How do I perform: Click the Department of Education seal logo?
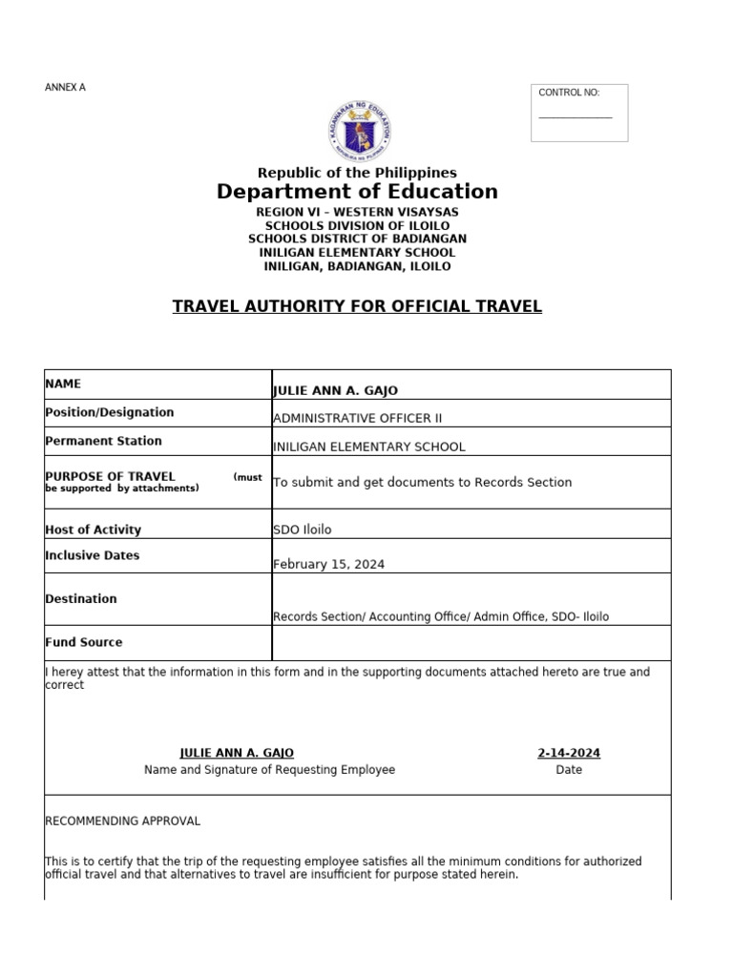pos(360,132)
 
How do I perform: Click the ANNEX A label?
pos(65,88)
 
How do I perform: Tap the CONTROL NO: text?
pos(569,93)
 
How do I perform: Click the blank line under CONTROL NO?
pos(575,118)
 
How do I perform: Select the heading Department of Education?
pos(357,192)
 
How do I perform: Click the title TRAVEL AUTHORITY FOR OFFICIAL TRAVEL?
pos(357,306)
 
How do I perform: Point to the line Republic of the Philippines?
pos(357,173)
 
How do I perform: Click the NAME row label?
pos(63,384)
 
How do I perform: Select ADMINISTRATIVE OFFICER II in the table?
pos(357,418)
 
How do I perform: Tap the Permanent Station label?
pos(103,441)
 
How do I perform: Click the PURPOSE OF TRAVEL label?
pos(110,477)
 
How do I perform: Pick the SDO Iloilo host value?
pos(303,530)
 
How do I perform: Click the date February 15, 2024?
pos(328,564)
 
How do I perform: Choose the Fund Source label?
pos(84,642)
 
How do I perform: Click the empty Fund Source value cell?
pos(471,643)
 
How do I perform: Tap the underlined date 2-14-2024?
pos(569,753)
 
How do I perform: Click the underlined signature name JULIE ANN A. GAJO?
pos(243,753)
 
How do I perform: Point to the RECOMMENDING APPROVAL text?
pos(123,821)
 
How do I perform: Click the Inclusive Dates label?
pos(92,555)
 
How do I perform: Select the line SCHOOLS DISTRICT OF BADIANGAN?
pos(357,239)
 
